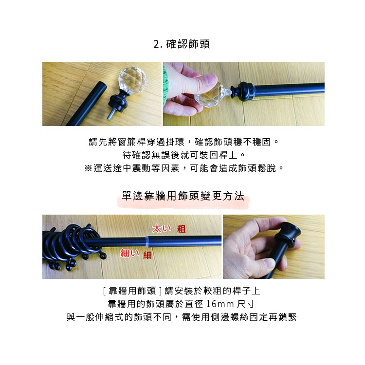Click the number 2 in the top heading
(156, 44)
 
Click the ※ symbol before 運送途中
(88, 168)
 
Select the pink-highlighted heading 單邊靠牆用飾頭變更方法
(182, 197)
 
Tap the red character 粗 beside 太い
(181, 229)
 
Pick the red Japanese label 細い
(129, 253)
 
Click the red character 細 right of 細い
(147, 254)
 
